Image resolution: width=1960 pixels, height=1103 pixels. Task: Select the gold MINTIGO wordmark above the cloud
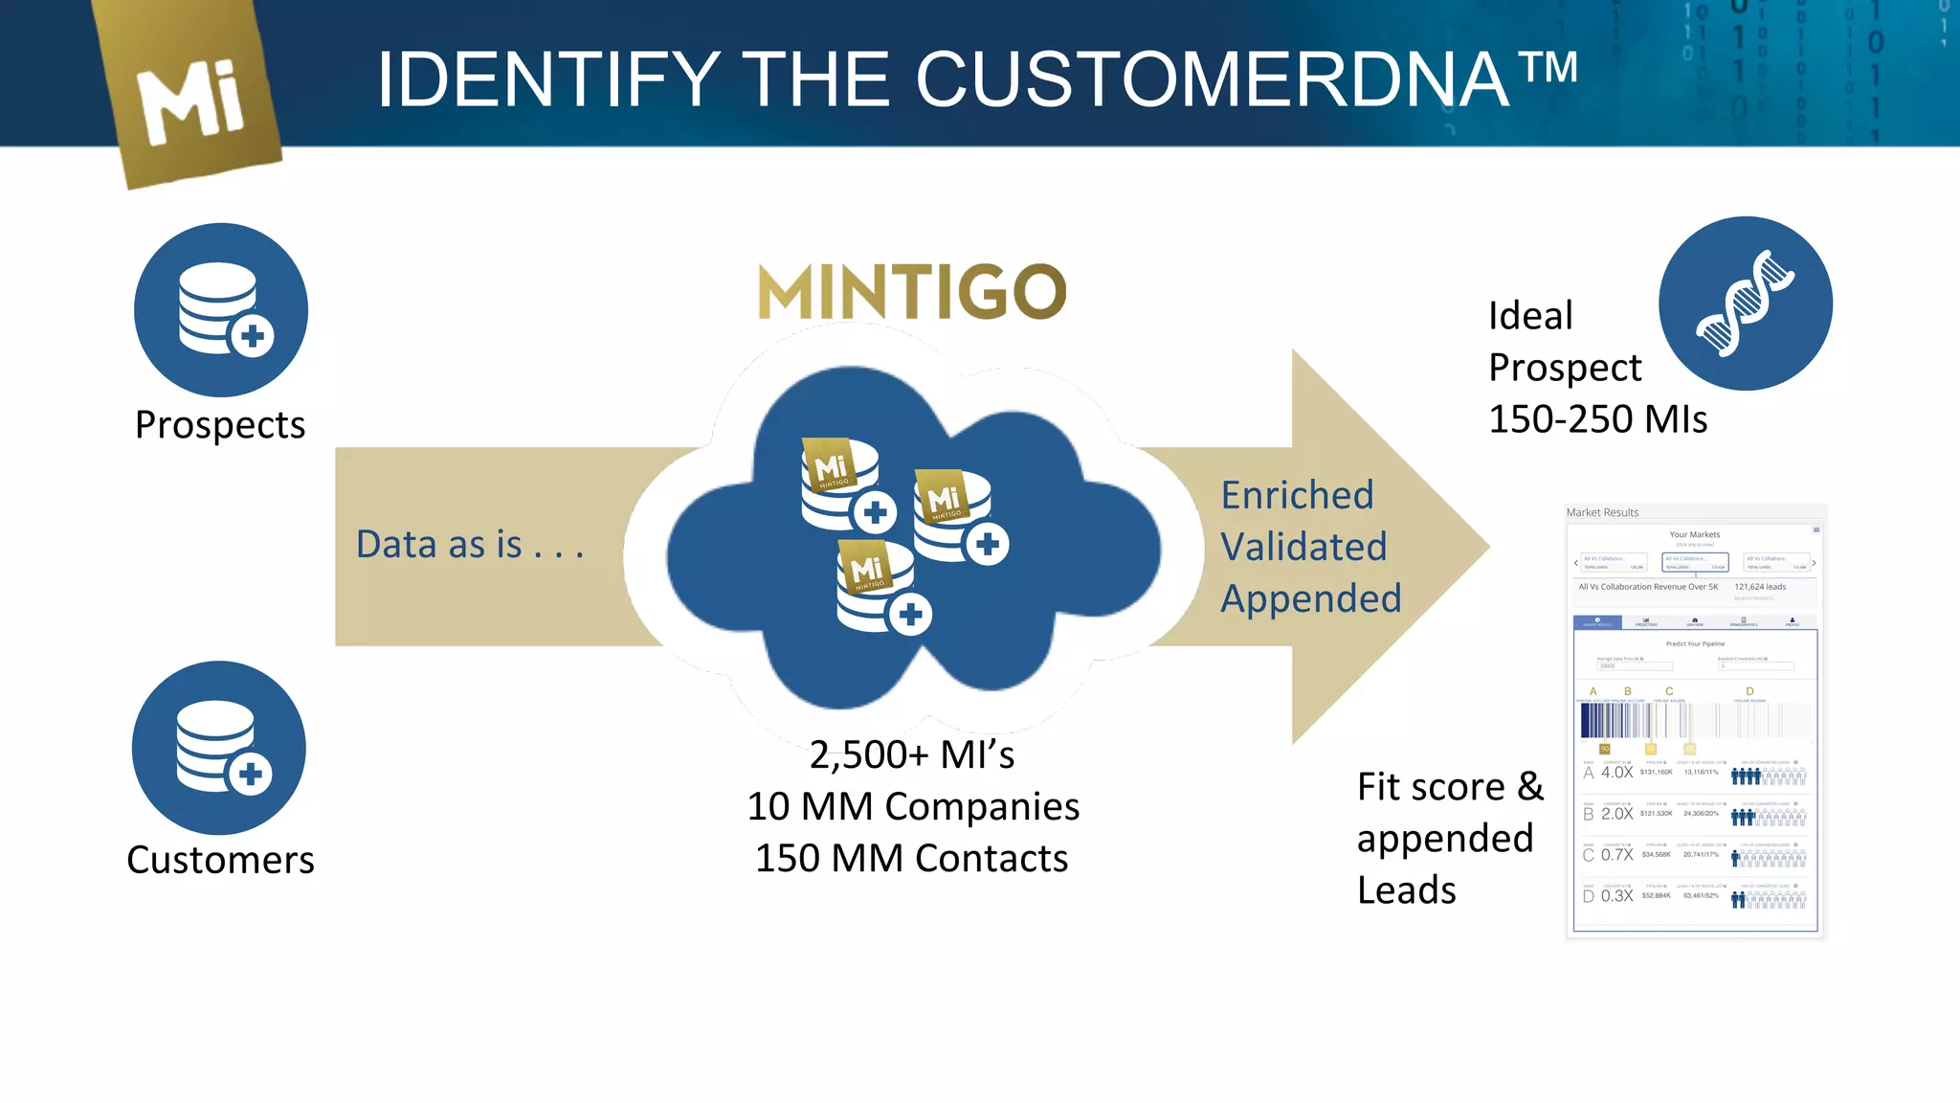tap(912, 292)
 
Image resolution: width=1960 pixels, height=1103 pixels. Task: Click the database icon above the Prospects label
tap(221, 309)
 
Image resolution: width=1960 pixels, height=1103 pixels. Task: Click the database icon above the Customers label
tap(219, 748)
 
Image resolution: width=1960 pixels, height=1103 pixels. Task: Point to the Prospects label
tap(220, 425)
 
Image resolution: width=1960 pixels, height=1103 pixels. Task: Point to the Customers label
tap(220, 860)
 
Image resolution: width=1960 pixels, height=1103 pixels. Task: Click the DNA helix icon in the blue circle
tap(1745, 304)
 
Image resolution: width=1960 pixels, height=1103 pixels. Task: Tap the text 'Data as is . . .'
tap(470, 545)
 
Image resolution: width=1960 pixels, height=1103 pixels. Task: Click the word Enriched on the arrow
tap(1297, 495)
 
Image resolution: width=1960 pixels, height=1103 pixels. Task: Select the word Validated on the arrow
tap(1303, 547)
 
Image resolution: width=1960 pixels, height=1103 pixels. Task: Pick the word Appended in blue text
tap(1310, 598)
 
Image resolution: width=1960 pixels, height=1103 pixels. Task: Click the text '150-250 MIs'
tap(1597, 419)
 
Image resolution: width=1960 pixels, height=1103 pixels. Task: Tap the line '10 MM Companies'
tap(913, 806)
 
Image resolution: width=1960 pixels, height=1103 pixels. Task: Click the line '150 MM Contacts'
tap(911, 858)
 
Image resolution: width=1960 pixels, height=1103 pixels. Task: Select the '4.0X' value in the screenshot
tap(1616, 772)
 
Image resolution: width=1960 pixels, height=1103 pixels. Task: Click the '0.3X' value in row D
tap(1616, 895)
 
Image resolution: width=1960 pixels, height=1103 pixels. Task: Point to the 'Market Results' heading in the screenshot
tap(1602, 512)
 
